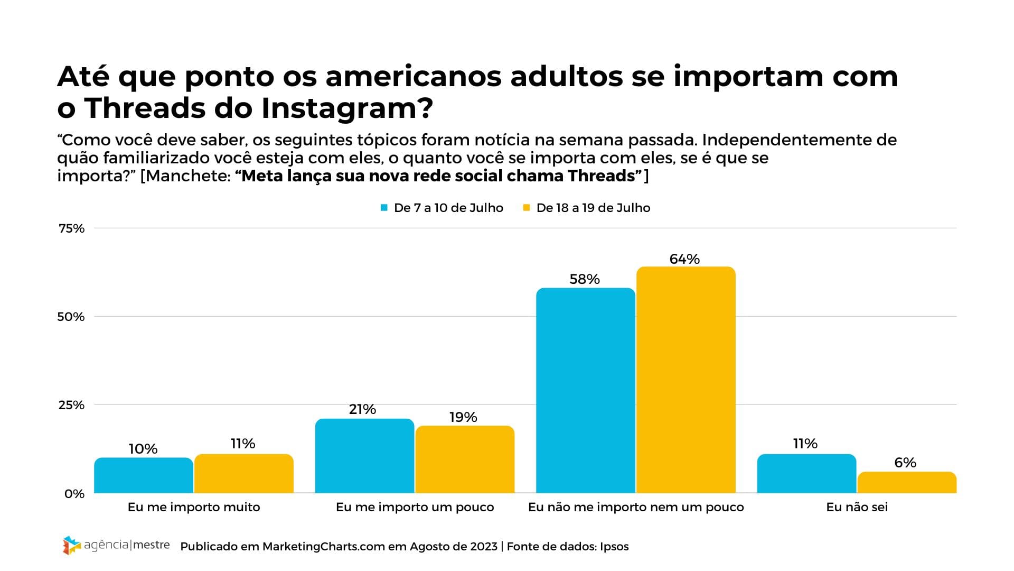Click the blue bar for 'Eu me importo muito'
[x=144, y=475]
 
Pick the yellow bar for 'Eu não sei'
[x=906, y=482]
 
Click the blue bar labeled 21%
[x=364, y=456]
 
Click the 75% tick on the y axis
[x=72, y=228]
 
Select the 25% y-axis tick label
[x=72, y=405]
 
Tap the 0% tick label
[x=74, y=494]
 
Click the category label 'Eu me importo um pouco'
[x=415, y=507]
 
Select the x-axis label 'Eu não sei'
[x=857, y=507]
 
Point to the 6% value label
[x=905, y=463]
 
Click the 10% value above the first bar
[x=143, y=449]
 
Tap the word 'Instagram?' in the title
[x=347, y=108]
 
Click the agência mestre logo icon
[x=71, y=545]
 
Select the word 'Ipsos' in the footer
[x=614, y=546]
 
